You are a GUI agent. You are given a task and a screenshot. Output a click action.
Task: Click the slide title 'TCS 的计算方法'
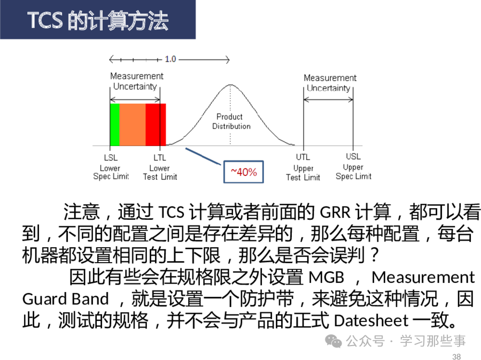click(x=98, y=20)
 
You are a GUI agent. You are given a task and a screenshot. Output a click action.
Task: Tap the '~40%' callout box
click(x=244, y=172)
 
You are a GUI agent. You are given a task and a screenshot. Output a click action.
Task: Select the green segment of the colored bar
click(x=115, y=125)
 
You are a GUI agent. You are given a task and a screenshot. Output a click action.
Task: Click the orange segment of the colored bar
click(x=133, y=125)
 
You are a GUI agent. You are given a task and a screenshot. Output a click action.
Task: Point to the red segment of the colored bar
click(x=156, y=125)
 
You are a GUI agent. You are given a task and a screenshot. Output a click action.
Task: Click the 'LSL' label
click(x=111, y=157)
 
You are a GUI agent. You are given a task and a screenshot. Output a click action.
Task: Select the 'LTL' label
click(x=160, y=157)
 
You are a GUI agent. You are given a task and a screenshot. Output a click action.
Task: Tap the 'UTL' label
click(x=303, y=157)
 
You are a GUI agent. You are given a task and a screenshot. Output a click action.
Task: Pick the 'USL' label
click(x=353, y=156)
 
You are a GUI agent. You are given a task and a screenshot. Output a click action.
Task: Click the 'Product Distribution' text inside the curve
click(x=231, y=121)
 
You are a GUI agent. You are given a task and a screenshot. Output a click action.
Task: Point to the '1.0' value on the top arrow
click(x=170, y=59)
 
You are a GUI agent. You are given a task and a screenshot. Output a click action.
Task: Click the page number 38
click(x=456, y=356)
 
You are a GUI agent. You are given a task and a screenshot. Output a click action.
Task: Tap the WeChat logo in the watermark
click(x=333, y=341)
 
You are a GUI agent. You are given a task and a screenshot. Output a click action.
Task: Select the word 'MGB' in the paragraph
click(x=326, y=277)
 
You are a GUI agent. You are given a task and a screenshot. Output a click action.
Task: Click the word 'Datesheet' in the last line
click(x=371, y=321)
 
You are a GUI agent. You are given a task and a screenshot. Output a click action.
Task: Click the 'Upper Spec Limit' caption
click(x=353, y=172)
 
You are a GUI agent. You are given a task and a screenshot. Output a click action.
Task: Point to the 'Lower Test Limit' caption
click(x=160, y=172)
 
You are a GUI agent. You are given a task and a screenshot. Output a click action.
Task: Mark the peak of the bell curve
click(x=230, y=85)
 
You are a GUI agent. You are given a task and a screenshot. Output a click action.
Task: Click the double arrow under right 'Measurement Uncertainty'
click(x=328, y=99)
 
